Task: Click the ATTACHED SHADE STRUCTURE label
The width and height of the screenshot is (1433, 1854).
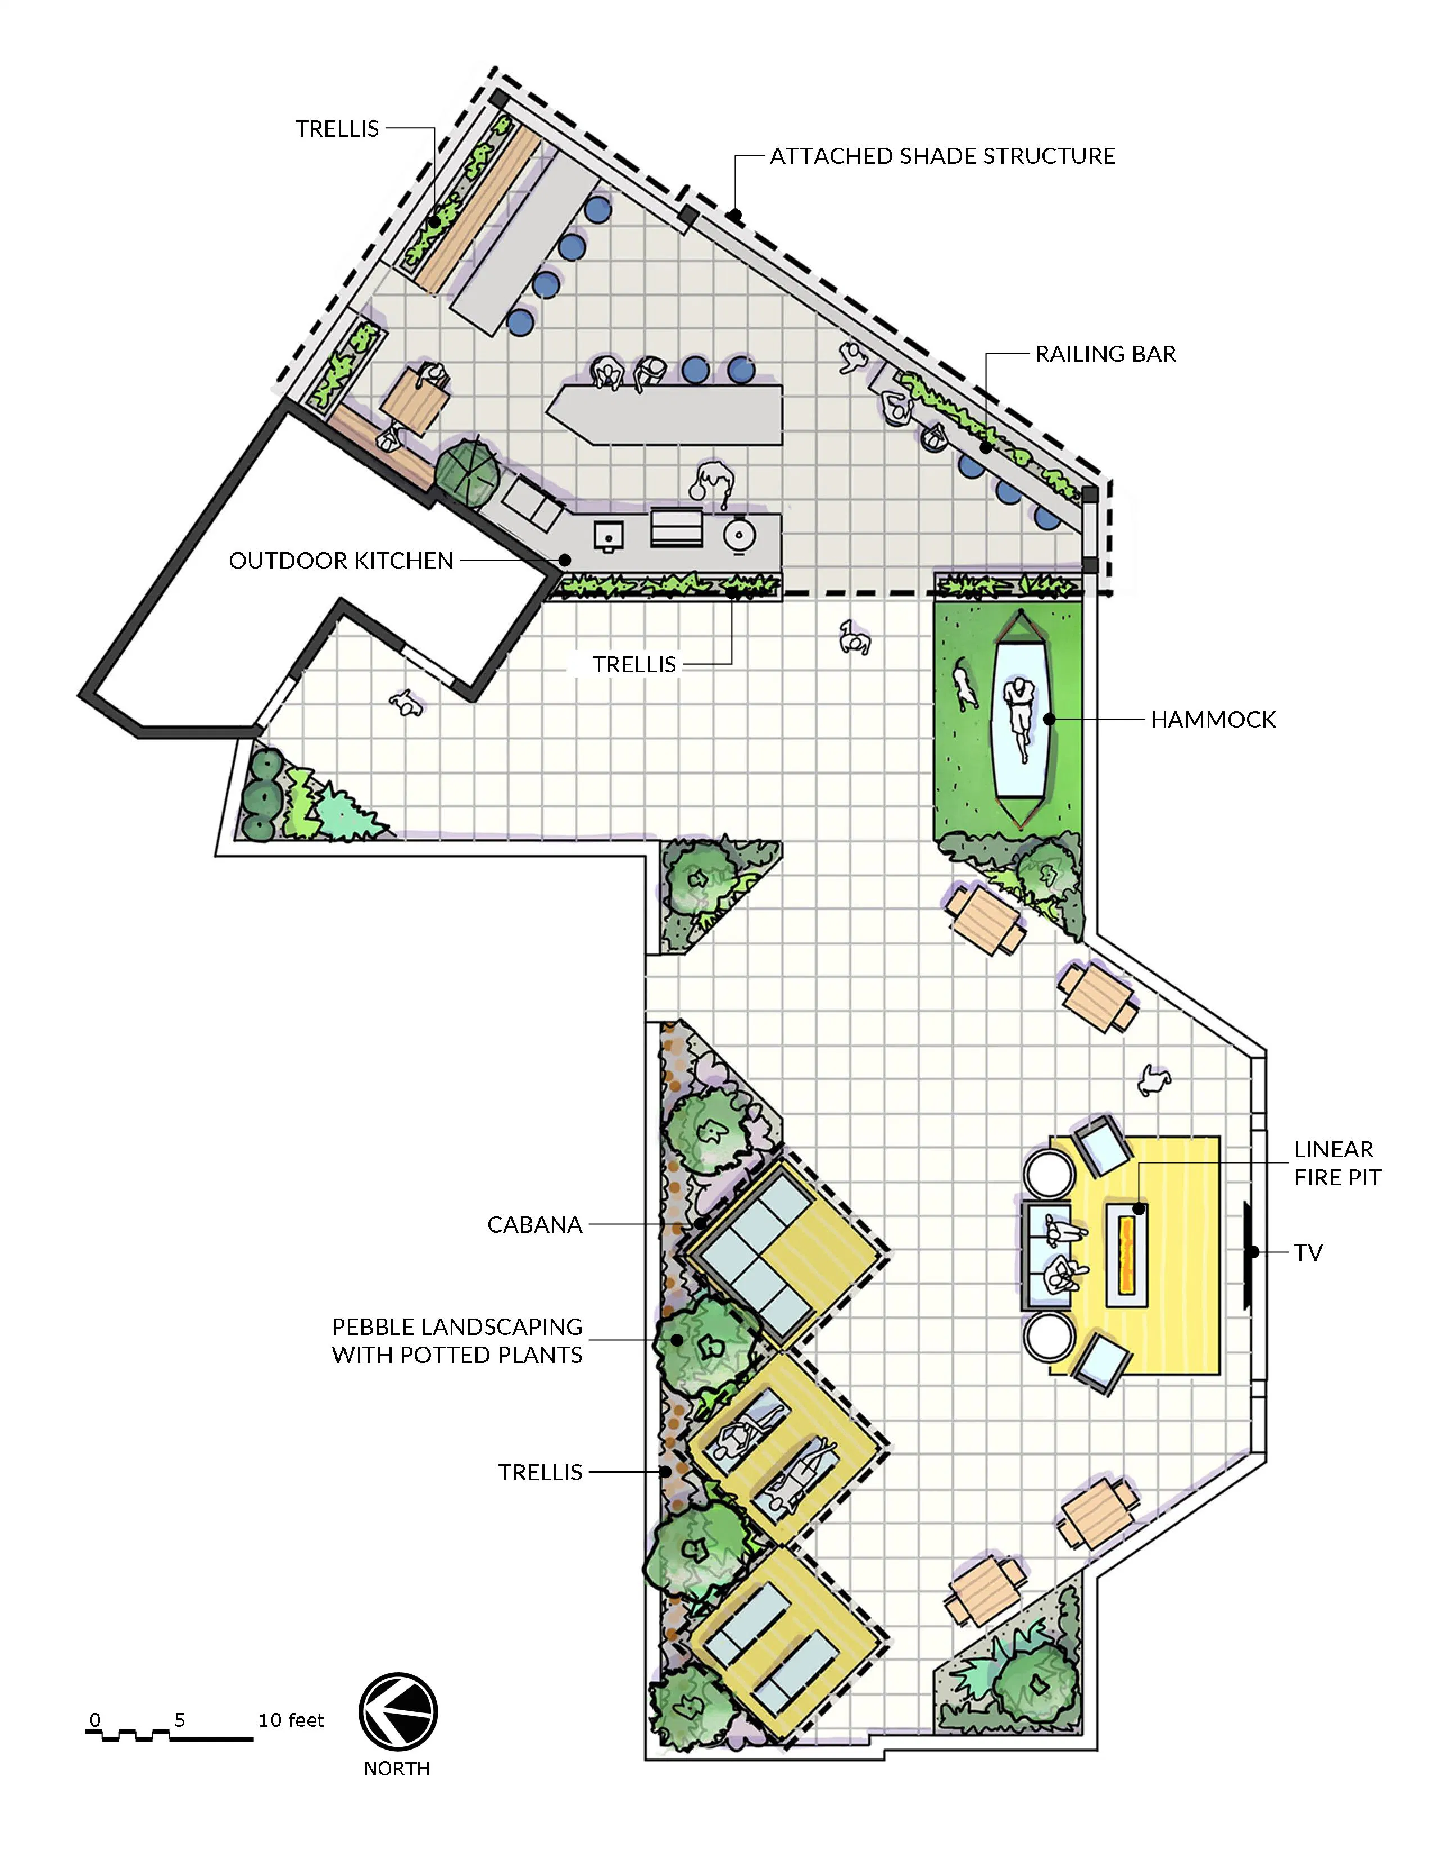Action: (942, 156)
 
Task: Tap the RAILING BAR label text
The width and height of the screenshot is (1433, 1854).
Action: (1105, 354)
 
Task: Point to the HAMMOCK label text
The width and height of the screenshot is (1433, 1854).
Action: (1213, 720)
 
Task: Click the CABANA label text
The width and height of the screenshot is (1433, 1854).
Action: (535, 1224)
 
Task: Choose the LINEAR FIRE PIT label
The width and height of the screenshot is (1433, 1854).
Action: (1337, 1163)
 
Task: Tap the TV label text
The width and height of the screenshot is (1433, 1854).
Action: (1308, 1253)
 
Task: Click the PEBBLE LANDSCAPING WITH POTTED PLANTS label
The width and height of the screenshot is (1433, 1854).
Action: (457, 1340)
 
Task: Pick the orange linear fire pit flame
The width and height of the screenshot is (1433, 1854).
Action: (1127, 1252)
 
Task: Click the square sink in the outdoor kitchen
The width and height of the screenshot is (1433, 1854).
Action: (608, 535)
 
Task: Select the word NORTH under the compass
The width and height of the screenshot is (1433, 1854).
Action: (397, 1769)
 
